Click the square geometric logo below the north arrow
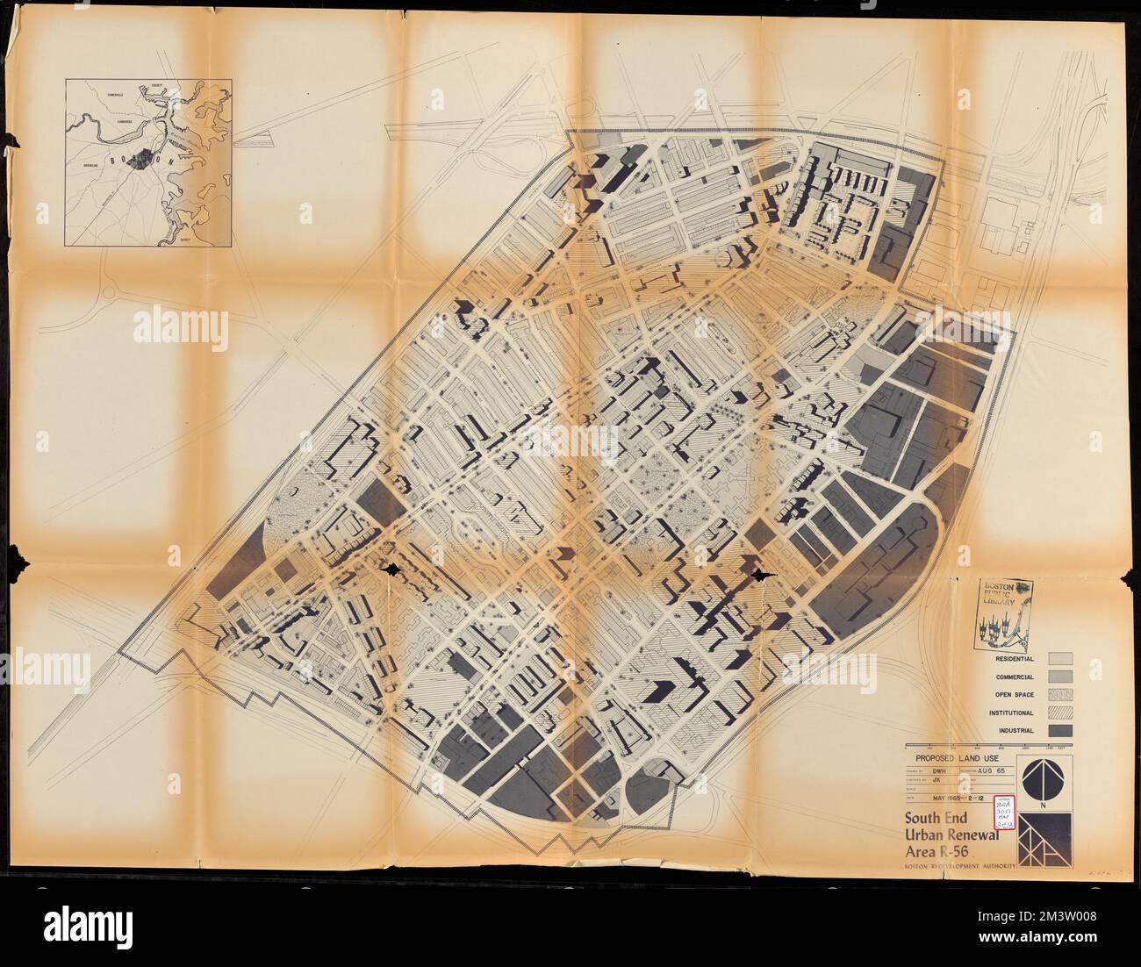[x=1044, y=838]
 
